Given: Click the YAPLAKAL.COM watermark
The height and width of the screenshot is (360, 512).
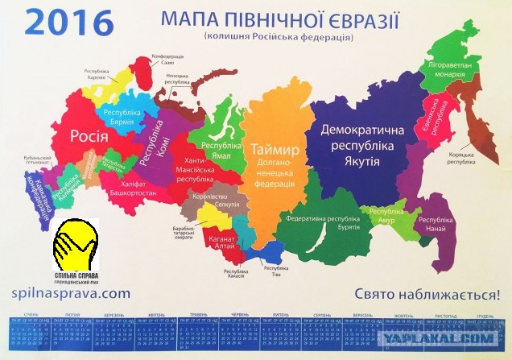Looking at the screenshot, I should coord(443,339).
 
